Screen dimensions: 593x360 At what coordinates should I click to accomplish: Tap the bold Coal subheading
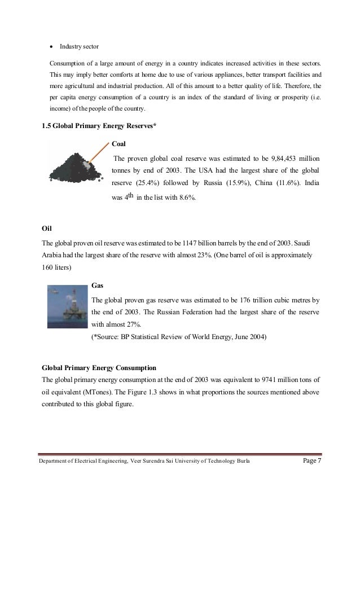(119, 143)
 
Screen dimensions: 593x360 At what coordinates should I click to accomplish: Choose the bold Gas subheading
(97, 285)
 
